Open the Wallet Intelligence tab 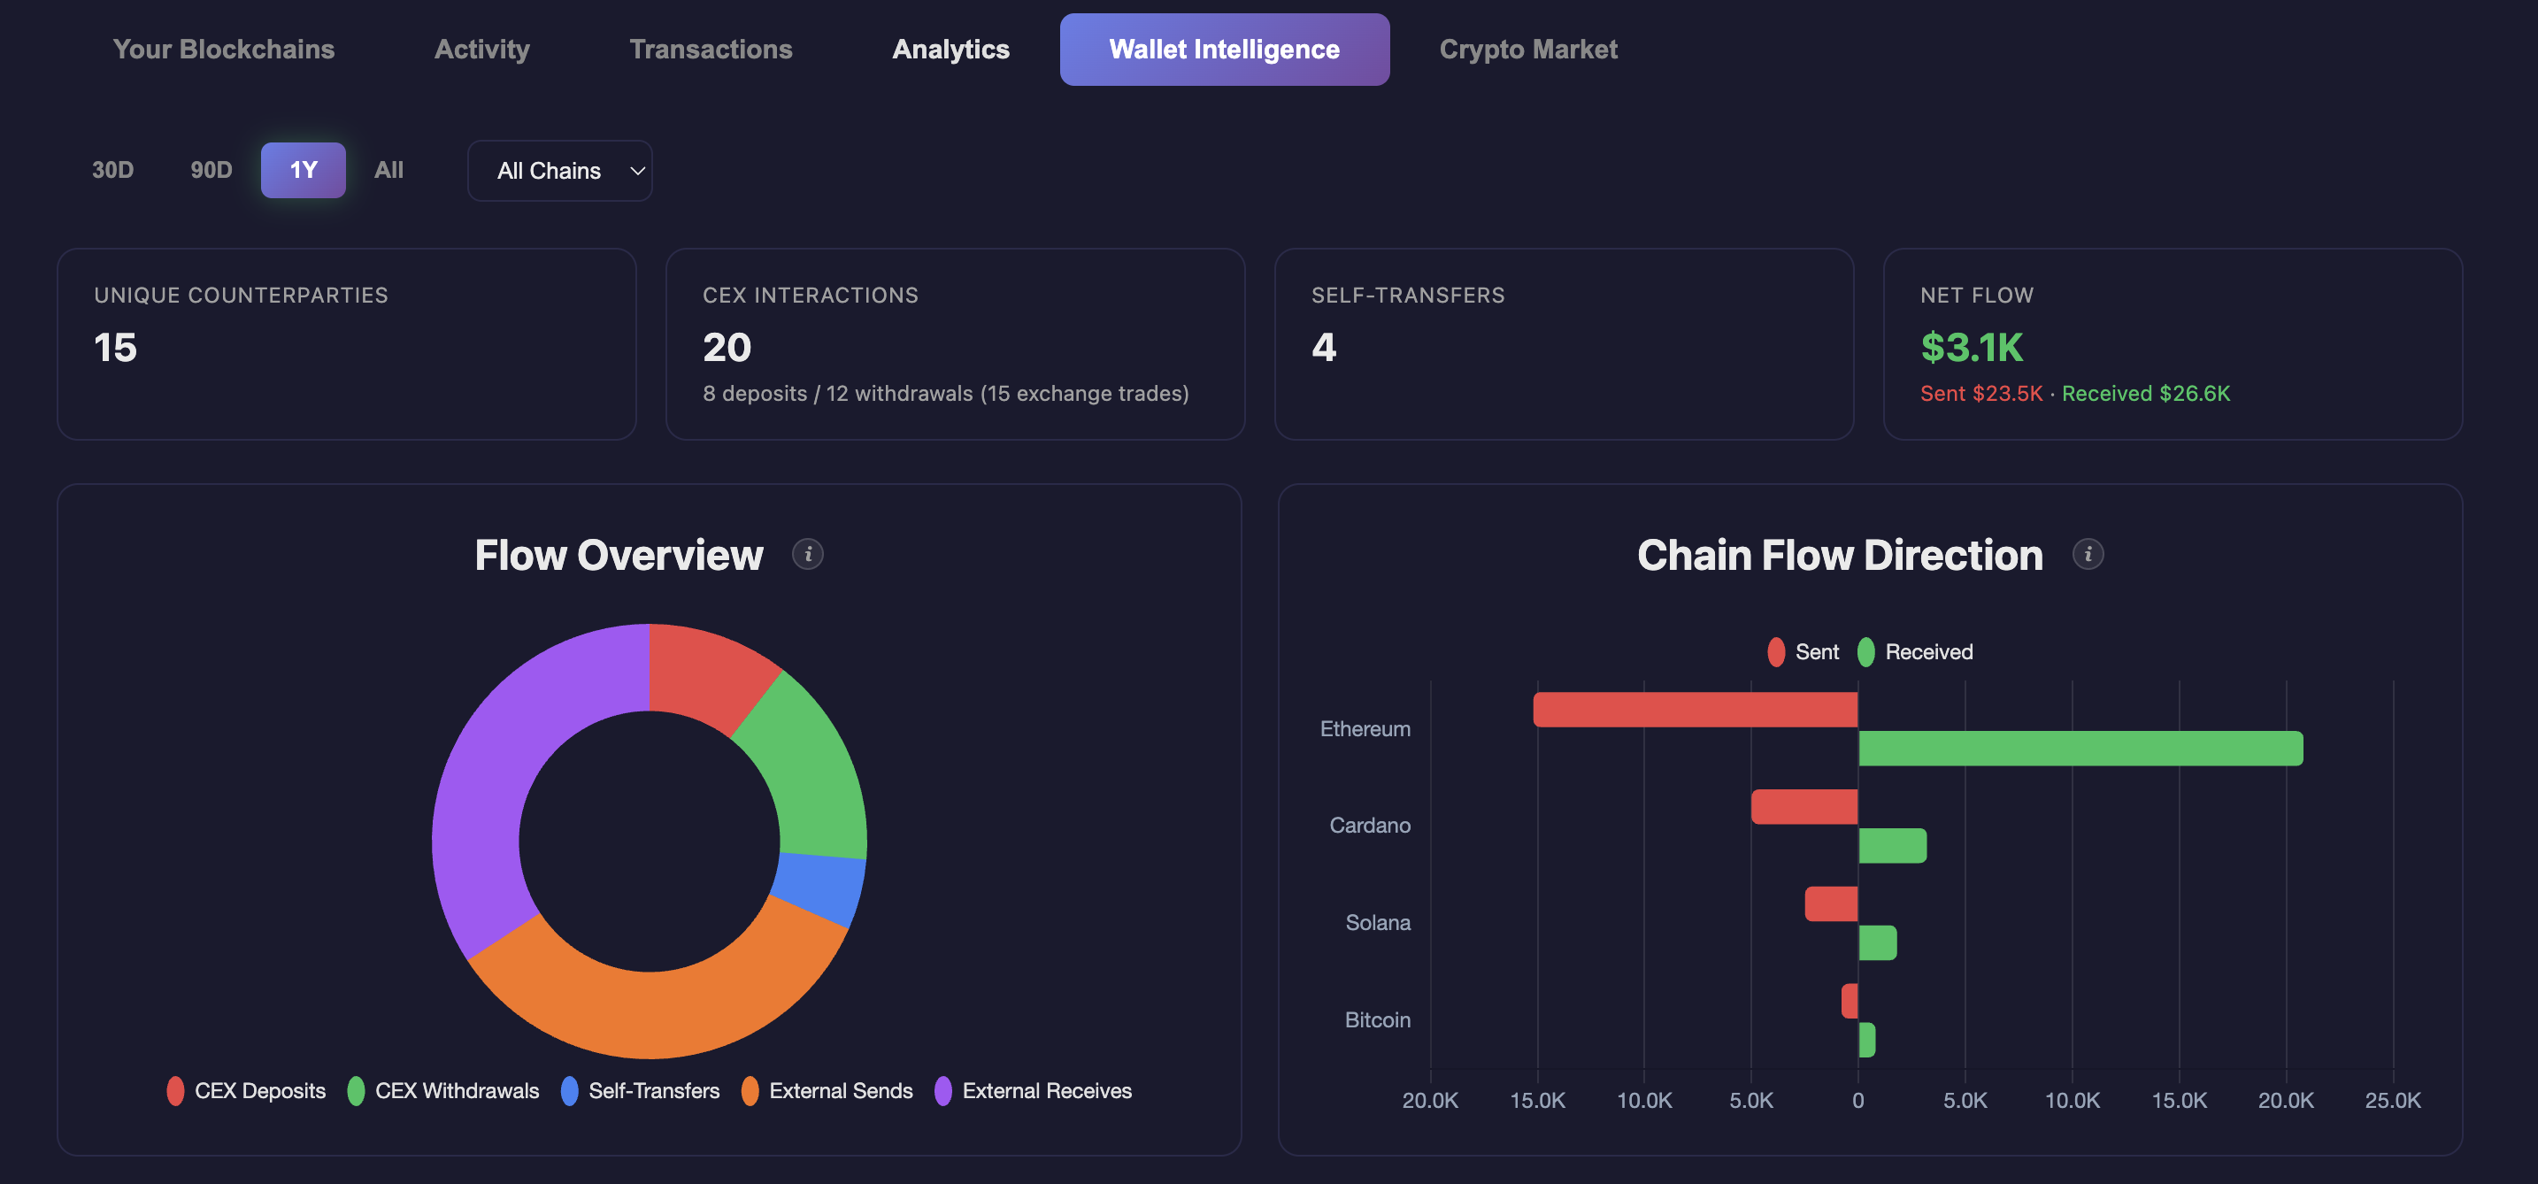1224,50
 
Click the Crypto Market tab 1527,50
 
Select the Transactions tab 711,50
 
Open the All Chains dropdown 559,172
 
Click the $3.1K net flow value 1971,348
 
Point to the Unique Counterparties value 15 115,348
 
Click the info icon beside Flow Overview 808,555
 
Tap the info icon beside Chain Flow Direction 2088,555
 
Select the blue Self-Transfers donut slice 819,888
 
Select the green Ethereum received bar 2079,749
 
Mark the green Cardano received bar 1892,846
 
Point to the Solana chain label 1377,923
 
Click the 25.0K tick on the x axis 2392,1100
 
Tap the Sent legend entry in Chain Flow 1804,652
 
